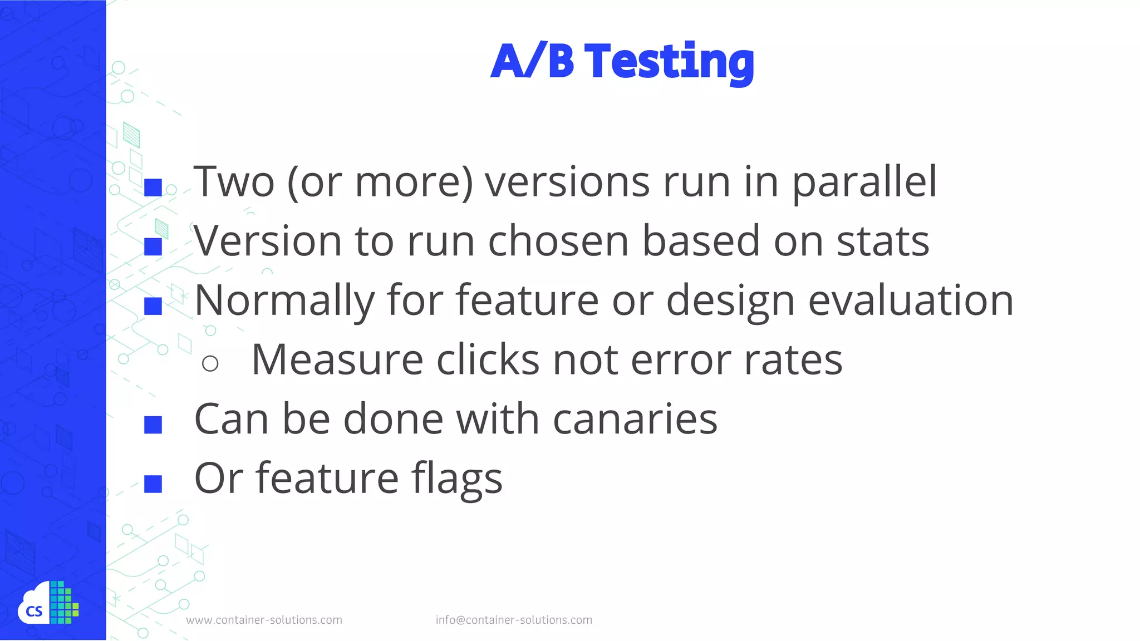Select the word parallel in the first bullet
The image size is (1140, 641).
pyautogui.click(x=864, y=183)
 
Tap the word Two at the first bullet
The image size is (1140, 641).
pyautogui.click(x=234, y=182)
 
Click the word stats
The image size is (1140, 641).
pyautogui.click(x=883, y=241)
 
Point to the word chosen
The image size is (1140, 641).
pyautogui.click(x=558, y=241)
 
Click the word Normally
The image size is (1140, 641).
pyautogui.click(x=284, y=301)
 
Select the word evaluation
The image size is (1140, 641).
pyautogui.click(x=911, y=300)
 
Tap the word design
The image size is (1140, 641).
pyautogui.click(x=730, y=301)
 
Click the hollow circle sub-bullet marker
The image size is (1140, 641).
pyautogui.click(x=210, y=364)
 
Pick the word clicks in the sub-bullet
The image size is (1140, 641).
pyautogui.click(x=488, y=360)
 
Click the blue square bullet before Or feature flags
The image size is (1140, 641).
pyautogui.click(x=153, y=484)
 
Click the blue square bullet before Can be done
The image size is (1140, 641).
pyautogui.click(x=153, y=425)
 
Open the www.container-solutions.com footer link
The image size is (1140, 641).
pyautogui.click(x=264, y=620)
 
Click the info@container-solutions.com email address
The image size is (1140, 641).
pyautogui.click(x=514, y=620)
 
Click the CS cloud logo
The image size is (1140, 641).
pyautogui.click(x=34, y=607)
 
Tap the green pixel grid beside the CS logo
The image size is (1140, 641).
pyautogui.click(x=64, y=603)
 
